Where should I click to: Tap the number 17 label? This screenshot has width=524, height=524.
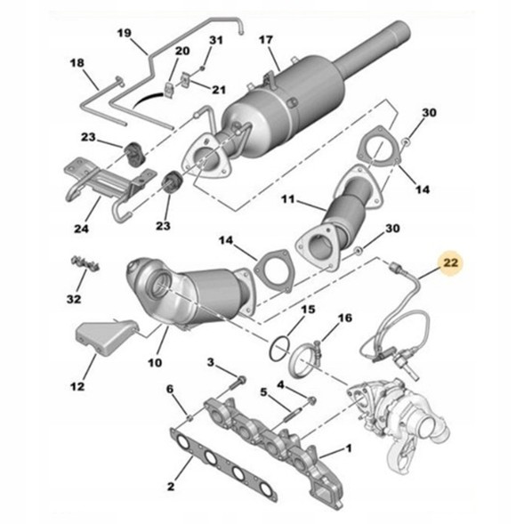266,40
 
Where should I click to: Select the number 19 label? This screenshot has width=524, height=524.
125,35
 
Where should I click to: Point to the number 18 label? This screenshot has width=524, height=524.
77,63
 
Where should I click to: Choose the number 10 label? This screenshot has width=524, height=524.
154,363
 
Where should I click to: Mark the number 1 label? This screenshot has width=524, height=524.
350,450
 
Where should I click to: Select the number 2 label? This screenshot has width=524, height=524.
170,486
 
